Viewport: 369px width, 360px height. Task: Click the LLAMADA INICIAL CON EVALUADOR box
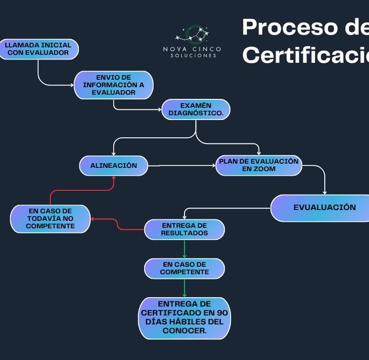[38, 49]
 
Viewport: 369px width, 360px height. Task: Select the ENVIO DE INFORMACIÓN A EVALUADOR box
[113, 85]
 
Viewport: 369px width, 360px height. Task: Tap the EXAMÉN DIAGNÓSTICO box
[196, 109]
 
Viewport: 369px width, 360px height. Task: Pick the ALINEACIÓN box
[113, 166]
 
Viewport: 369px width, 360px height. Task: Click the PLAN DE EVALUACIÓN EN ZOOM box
[258, 165]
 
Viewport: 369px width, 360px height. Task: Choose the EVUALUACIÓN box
[324, 208]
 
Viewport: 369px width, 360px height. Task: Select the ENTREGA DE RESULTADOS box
[184, 229]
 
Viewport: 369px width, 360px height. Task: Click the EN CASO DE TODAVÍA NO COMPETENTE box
[50, 218]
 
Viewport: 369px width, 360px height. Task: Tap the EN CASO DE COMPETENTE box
[184, 268]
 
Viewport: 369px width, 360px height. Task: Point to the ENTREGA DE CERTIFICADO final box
[184, 318]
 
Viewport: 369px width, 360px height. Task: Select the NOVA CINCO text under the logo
[192, 49]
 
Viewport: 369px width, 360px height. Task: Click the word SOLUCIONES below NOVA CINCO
[193, 56]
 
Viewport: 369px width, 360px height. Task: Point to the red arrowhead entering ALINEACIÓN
[114, 178]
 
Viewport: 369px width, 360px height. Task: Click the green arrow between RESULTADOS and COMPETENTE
[184, 249]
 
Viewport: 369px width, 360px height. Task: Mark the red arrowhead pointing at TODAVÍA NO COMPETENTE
[93, 219]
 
